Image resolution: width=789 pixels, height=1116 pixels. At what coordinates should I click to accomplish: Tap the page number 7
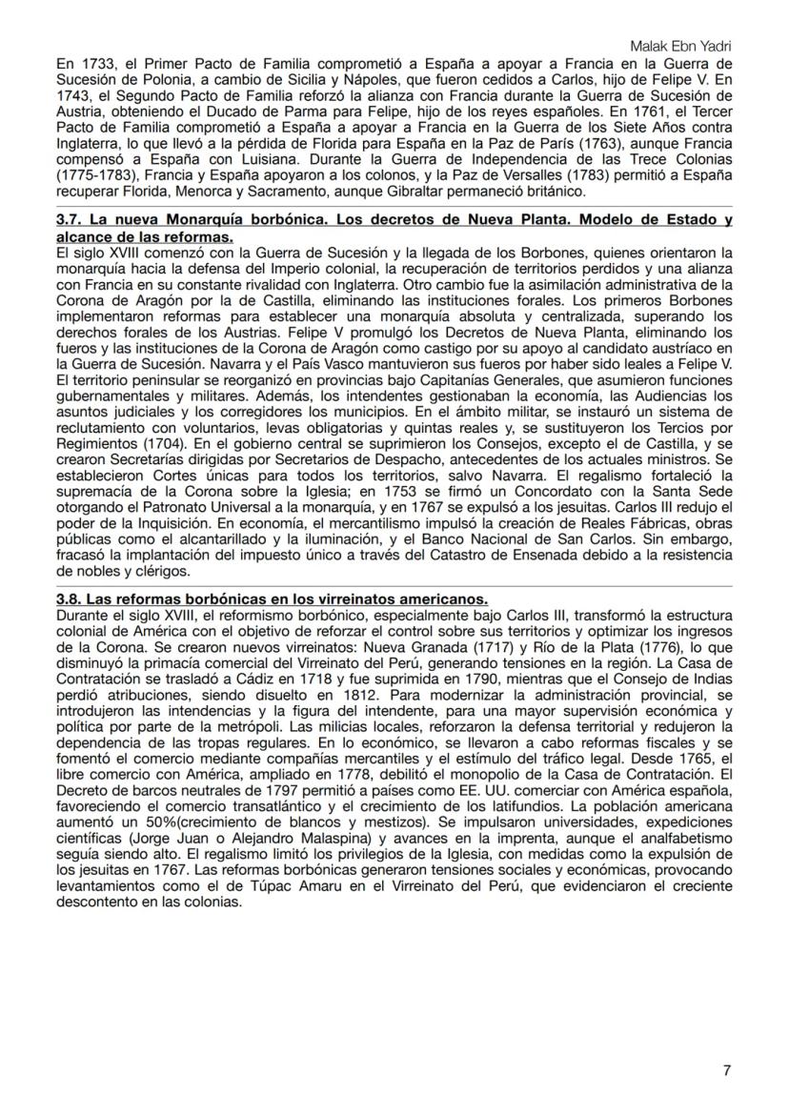click(x=727, y=1070)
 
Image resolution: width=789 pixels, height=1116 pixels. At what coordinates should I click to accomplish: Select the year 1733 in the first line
click(x=88, y=64)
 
